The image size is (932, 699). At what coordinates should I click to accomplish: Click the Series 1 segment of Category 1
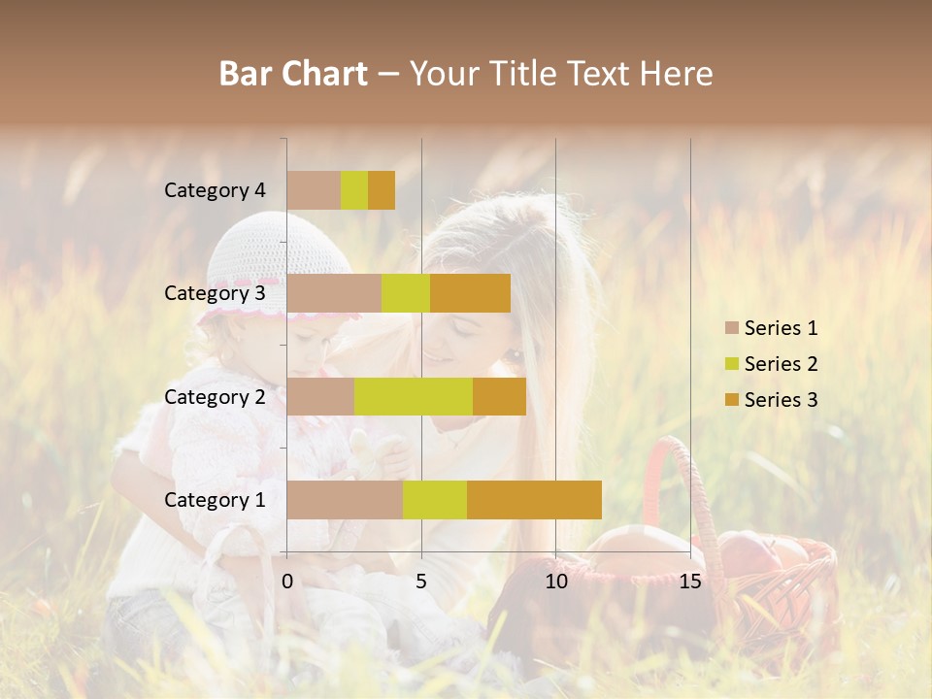point(345,500)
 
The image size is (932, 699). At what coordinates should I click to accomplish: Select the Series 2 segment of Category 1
point(434,500)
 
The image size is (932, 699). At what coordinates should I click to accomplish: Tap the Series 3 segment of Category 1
point(534,500)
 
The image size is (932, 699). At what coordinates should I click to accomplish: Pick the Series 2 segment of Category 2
point(414,396)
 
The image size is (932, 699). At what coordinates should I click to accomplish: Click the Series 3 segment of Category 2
point(499,396)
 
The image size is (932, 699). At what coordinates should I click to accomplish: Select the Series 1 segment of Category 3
point(334,293)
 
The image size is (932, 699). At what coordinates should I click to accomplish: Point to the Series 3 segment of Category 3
point(470,293)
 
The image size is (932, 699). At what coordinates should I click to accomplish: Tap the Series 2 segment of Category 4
point(354,190)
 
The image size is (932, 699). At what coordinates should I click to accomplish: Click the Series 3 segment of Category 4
point(382,190)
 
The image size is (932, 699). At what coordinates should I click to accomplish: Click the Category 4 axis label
point(215,190)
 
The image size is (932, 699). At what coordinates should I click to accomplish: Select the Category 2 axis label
point(215,396)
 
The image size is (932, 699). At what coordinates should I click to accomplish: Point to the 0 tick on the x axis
point(287,582)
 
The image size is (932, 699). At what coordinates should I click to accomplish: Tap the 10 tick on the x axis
point(555,582)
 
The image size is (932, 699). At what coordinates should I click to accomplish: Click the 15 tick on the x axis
point(690,582)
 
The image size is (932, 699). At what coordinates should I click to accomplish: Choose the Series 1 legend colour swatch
point(731,328)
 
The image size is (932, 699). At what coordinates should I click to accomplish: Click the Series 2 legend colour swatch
point(731,364)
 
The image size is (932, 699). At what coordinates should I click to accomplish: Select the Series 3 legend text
point(781,400)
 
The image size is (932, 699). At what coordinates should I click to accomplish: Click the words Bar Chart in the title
point(293,74)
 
